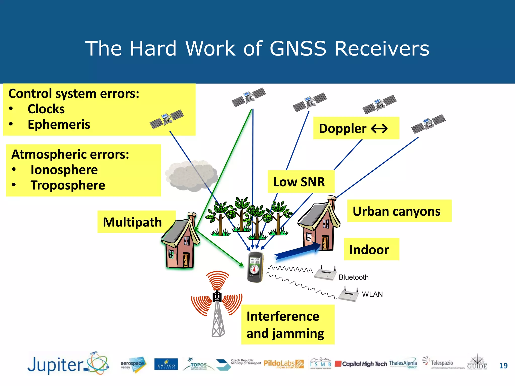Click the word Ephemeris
[59, 125]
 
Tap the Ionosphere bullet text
[64, 170]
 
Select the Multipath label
[132, 222]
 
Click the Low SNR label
[299, 182]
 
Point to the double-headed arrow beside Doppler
[379, 129]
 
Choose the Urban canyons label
[397, 211]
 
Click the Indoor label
[369, 250]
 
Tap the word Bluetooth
[353, 277]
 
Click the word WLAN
[372, 294]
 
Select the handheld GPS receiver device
[255, 267]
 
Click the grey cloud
[191, 176]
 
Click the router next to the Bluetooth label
[325, 273]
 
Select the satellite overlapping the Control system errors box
[167, 119]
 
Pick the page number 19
[503, 366]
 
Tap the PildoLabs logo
[283, 364]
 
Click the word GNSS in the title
[298, 49]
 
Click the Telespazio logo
[442, 363]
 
